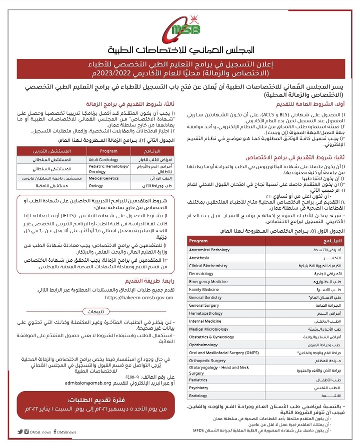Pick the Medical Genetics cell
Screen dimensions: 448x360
[x=104, y=178]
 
